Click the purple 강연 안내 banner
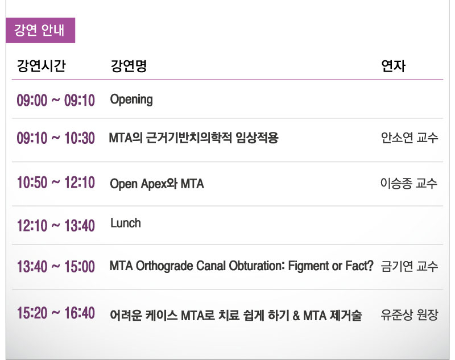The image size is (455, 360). [x=40, y=30]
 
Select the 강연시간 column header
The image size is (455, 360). [x=41, y=66]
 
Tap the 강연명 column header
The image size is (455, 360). [x=129, y=66]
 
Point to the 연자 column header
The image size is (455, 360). [x=393, y=66]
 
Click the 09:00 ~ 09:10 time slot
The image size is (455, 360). [x=56, y=100]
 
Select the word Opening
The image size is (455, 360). [x=131, y=100]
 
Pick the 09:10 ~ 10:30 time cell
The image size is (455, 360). [x=56, y=138]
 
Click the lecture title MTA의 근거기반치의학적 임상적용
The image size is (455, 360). [x=193, y=138]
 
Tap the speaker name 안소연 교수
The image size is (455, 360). [x=409, y=138]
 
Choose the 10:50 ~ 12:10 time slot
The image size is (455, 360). [x=56, y=183]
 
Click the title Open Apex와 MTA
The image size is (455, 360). [x=157, y=184]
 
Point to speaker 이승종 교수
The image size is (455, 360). [x=409, y=183]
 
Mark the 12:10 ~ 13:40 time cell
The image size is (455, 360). [x=56, y=225]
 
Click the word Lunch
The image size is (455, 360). [x=126, y=223]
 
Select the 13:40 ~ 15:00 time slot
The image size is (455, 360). [x=56, y=266]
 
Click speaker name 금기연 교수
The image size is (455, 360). [x=409, y=266]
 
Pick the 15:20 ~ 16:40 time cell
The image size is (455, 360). [x=56, y=313]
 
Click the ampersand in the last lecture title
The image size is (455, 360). [x=296, y=315]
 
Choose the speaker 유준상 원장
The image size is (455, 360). [x=409, y=315]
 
